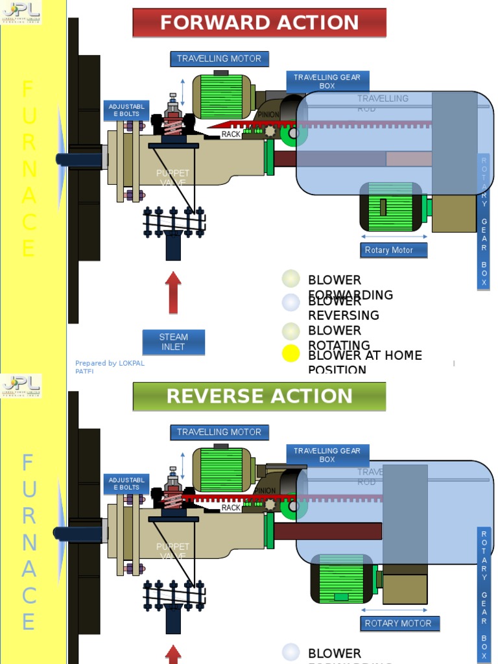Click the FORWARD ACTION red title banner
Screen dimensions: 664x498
[259, 23]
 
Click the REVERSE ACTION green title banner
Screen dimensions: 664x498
[259, 396]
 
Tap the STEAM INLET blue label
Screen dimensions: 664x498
[174, 342]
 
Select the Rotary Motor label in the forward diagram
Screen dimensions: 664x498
[394, 250]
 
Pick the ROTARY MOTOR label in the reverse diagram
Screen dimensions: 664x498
[398, 623]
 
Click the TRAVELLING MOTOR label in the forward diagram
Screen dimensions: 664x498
[219, 58]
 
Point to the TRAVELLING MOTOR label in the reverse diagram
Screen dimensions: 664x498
[219, 432]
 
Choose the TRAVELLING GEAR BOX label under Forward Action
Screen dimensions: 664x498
[327, 81]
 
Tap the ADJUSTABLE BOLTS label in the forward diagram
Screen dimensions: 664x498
[126, 110]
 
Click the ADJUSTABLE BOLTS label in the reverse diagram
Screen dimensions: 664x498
[126, 484]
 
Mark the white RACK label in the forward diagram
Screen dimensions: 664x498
[231, 134]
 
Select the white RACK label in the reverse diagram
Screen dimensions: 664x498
[231, 508]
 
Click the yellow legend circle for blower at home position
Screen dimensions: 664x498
[291, 353]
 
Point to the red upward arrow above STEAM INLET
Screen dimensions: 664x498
[173, 292]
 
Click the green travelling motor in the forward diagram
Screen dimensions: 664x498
[222, 96]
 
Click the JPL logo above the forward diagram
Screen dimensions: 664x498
[21, 12]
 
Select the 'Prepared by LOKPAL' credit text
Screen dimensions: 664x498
[110, 364]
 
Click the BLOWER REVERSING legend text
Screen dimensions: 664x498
[344, 309]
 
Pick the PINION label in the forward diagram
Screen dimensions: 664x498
[268, 115]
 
